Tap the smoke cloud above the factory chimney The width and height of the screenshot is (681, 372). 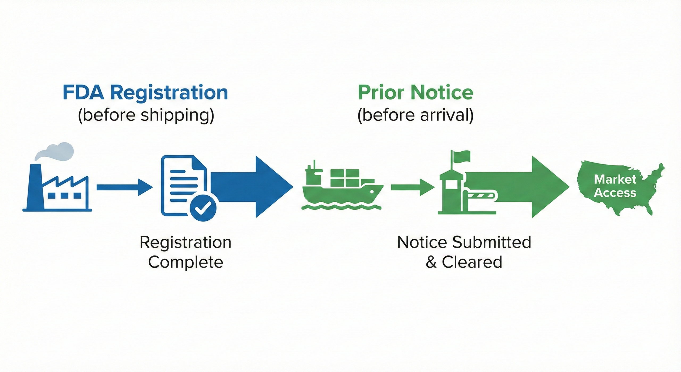[x=56, y=151]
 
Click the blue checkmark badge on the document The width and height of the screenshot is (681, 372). [x=203, y=208]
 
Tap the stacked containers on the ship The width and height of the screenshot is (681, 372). [x=345, y=178]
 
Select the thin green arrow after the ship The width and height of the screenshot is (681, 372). [x=412, y=187]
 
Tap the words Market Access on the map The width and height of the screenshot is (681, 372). [x=615, y=186]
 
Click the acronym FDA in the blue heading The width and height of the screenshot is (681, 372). [x=83, y=92]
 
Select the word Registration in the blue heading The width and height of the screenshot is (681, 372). [x=169, y=93]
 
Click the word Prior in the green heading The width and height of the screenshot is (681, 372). [x=381, y=92]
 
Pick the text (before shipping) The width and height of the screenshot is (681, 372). [x=146, y=115]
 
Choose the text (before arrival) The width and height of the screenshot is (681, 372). [x=415, y=115]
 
